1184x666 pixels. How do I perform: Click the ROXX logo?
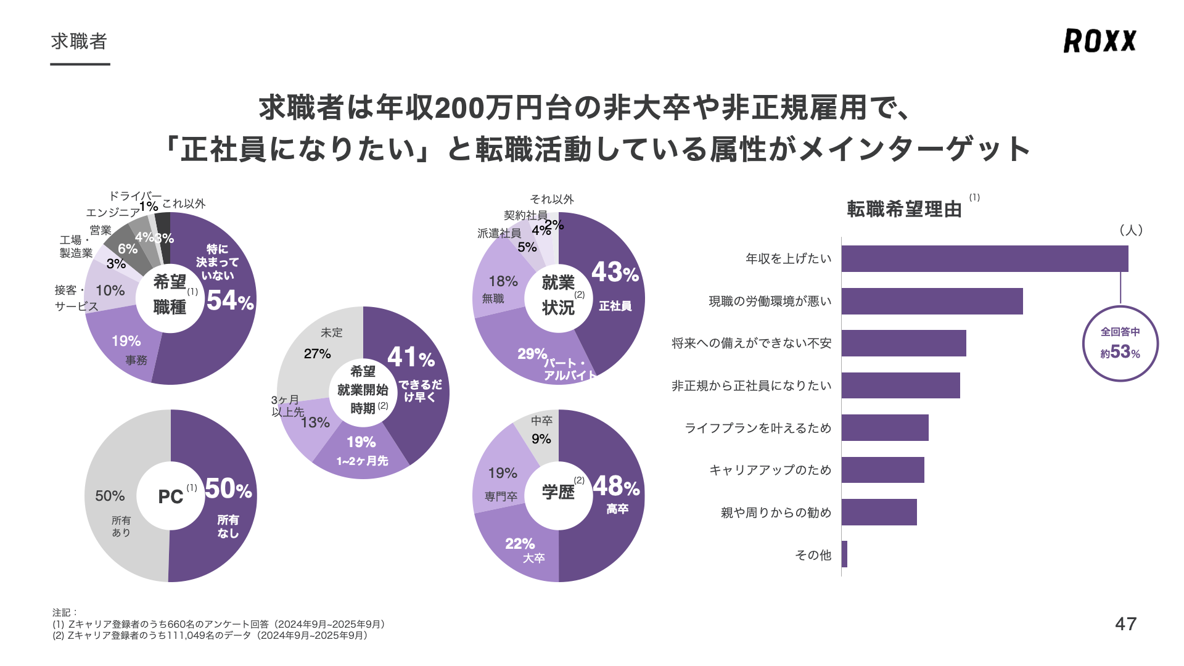(1100, 41)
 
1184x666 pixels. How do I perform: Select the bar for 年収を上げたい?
(984, 258)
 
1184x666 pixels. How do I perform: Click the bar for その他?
(844, 554)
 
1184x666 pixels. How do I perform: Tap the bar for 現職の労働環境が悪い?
(932, 301)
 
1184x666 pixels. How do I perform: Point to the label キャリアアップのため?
(770, 470)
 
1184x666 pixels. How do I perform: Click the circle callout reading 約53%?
(1120, 343)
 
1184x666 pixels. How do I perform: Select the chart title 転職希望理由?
(904, 210)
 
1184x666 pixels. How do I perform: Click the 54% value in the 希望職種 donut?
(229, 301)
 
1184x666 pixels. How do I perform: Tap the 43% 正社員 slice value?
(615, 273)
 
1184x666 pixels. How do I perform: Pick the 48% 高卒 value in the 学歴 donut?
(616, 487)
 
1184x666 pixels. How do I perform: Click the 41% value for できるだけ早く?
(411, 358)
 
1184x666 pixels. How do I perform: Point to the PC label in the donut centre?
(170, 497)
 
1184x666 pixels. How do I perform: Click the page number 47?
(1125, 624)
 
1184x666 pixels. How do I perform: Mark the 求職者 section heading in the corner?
(80, 42)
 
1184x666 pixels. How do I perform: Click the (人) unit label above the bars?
(1131, 230)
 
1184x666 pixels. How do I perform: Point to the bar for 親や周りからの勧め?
(879, 512)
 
